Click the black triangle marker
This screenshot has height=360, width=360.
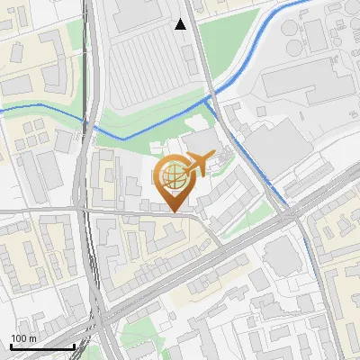(181, 24)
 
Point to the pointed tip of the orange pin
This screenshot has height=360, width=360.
(173, 211)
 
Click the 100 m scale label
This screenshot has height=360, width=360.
(23, 338)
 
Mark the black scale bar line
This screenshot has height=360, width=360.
(41, 346)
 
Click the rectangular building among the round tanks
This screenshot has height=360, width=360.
(315, 36)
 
